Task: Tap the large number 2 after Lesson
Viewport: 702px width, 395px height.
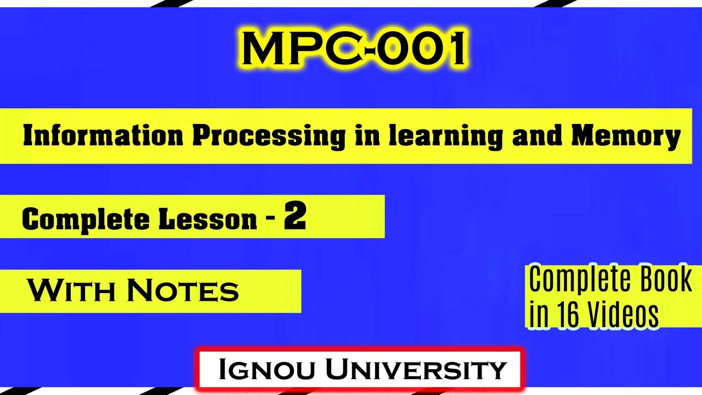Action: [295, 217]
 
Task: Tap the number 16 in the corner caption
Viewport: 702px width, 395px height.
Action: [568, 314]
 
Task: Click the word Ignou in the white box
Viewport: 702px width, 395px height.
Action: [267, 369]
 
